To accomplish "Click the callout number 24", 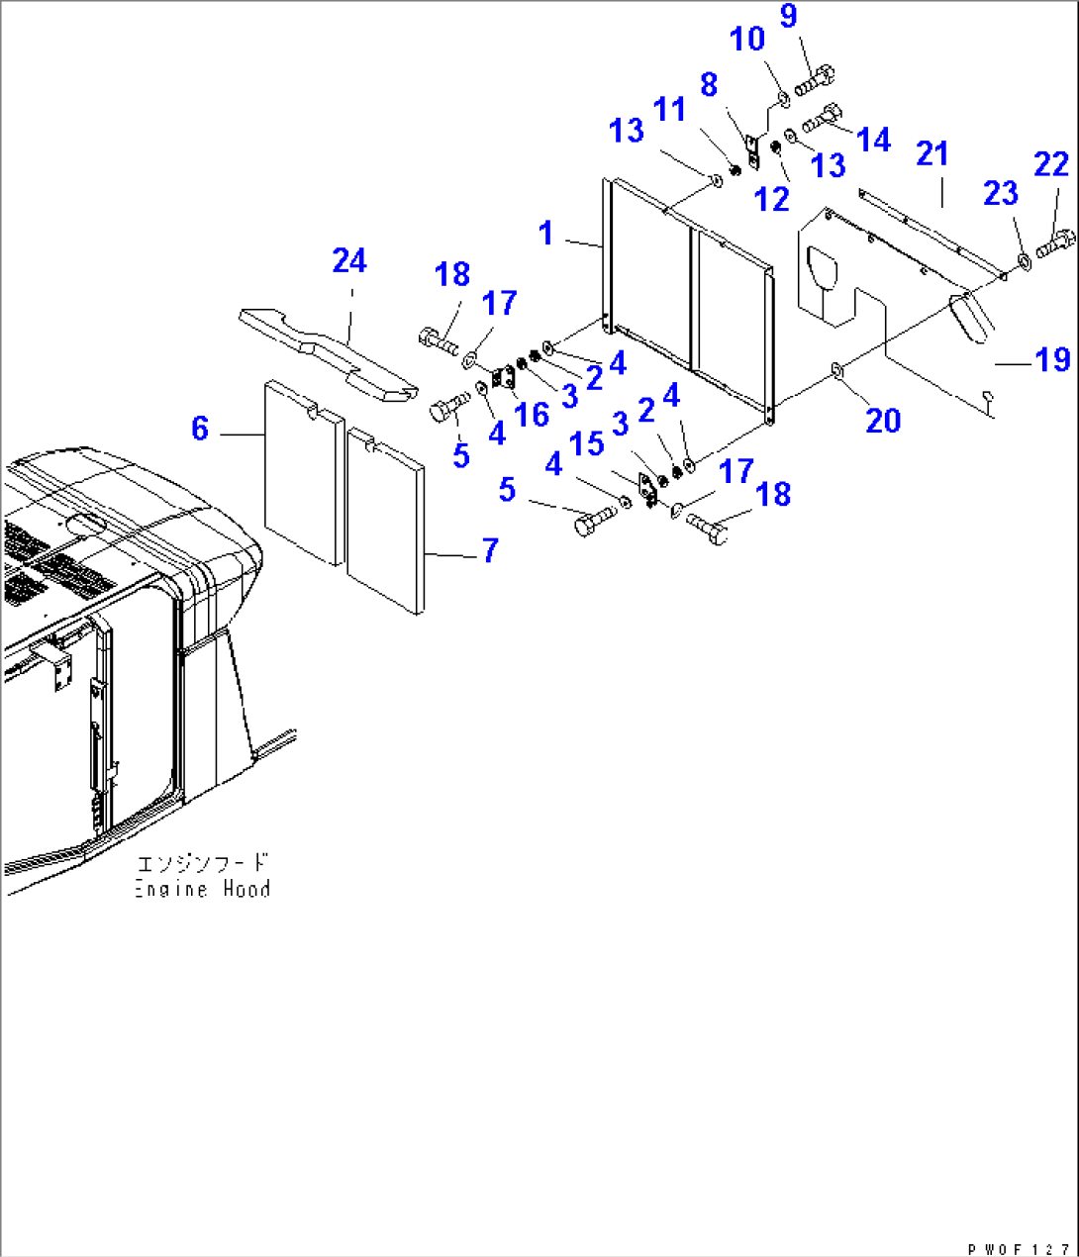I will [x=349, y=261].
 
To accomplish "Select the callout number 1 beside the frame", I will [x=545, y=234].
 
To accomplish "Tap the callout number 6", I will [x=200, y=429].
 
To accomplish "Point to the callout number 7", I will [x=490, y=550].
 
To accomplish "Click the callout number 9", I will [x=788, y=17].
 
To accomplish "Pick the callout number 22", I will [x=1050, y=164].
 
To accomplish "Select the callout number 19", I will [x=1053, y=360].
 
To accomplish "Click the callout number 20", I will [x=883, y=421].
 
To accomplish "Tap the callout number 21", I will [x=932, y=154].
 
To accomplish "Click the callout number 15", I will [x=587, y=443].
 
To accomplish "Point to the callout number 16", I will [x=532, y=414].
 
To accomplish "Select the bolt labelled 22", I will [x=1056, y=242].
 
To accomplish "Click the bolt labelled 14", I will [x=823, y=118].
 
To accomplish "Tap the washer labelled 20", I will [x=836, y=370].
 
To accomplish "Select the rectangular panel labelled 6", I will [x=303, y=473].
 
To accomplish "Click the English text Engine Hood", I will [x=203, y=889].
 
